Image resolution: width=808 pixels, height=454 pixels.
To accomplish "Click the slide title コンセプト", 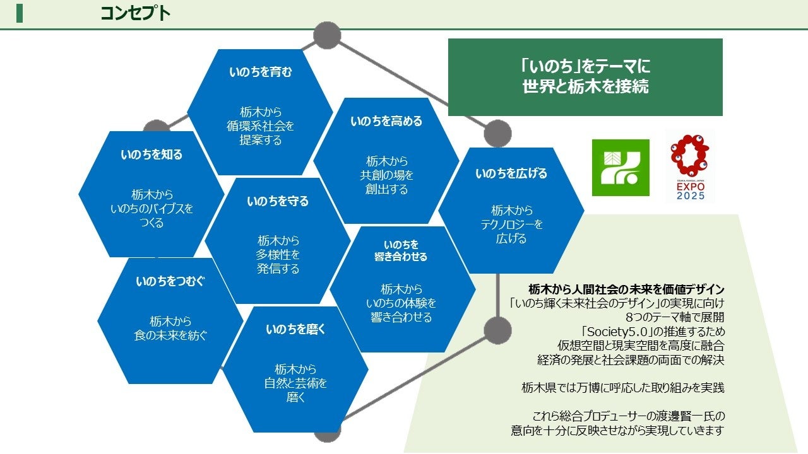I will tap(135, 13).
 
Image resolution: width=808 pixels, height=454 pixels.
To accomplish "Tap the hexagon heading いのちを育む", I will tap(260, 72).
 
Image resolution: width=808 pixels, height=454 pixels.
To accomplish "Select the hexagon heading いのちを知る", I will tap(151, 154).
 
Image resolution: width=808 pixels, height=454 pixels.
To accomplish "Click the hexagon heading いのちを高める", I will tap(386, 121).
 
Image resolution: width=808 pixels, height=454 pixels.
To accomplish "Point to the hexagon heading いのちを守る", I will tap(278, 202).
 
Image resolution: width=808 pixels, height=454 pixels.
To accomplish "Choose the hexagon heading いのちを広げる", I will tap(511, 173).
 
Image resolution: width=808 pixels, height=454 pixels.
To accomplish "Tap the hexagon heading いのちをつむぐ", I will tap(170, 282).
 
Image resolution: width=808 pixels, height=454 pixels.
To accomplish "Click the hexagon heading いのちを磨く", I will tap(295, 329).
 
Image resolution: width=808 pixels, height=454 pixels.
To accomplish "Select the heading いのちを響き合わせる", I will tap(401, 250).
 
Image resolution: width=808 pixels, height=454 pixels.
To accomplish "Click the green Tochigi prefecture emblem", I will tap(621, 168).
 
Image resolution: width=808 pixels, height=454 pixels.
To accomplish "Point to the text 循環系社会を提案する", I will tap(260, 132).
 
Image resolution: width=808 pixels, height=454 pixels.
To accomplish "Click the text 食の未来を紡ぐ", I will tap(170, 335).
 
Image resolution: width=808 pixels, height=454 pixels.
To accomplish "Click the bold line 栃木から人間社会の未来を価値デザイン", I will tap(626, 289).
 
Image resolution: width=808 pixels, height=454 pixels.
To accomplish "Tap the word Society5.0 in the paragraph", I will tap(656, 332).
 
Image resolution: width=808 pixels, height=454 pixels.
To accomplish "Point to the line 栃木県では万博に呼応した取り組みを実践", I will tap(622, 388).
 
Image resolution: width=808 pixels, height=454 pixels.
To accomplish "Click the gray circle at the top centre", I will tap(327, 35).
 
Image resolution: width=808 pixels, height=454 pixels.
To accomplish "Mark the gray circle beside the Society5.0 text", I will tap(497, 330).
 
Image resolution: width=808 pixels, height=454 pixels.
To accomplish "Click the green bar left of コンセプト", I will tap(20, 13).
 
